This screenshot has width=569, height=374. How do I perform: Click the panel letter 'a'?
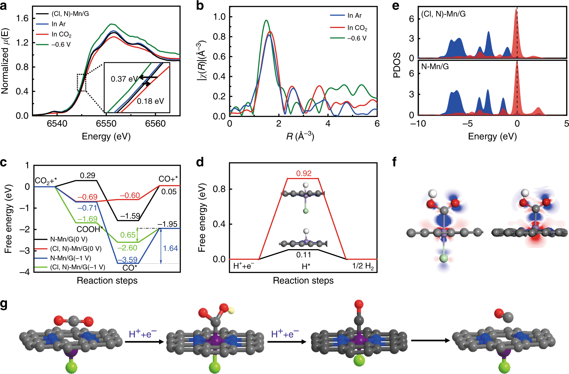pyautogui.click(x=4, y=6)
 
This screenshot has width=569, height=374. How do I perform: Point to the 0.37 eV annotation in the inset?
pyautogui.click(x=124, y=79)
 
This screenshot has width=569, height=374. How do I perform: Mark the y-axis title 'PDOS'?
pyautogui.click(x=397, y=65)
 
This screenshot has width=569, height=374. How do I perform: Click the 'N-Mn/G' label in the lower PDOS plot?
pyautogui.click(x=435, y=66)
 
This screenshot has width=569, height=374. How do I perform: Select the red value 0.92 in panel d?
pyautogui.click(x=304, y=173)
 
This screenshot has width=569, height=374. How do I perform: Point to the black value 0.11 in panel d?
pyautogui.click(x=304, y=255)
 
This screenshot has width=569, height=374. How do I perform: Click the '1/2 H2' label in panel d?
pyautogui.click(x=363, y=266)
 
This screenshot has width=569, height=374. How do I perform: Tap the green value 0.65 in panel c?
pyautogui.click(x=128, y=235)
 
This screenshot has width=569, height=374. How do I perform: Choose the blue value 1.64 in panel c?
pyautogui.click(x=170, y=248)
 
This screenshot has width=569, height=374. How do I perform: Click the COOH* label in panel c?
pyautogui.click(x=90, y=229)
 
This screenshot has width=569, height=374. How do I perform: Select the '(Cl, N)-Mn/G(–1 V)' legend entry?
pyautogui.click(x=77, y=267)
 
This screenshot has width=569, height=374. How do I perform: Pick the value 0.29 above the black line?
pyautogui.click(x=87, y=175)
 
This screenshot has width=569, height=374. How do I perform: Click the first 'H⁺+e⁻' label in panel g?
pyautogui.click(x=143, y=334)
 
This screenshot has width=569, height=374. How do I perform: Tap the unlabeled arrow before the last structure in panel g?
pyautogui.click(x=430, y=340)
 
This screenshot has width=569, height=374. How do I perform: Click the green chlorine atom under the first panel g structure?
pyautogui.click(x=72, y=367)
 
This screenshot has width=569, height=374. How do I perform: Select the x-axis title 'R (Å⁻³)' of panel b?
pyautogui.click(x=300, y=136)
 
